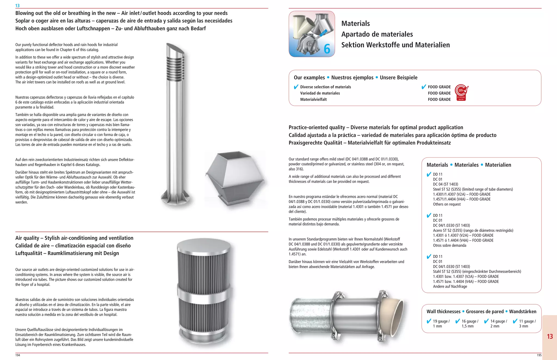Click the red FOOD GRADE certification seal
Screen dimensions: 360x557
[461, 93]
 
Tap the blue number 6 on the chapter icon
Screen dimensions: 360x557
[327, 49]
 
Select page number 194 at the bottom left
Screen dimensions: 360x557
[18, 355]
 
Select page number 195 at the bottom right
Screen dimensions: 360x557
[539, 355]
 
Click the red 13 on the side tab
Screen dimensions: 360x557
[550, 337]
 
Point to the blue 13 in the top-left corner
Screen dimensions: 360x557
[17, 5]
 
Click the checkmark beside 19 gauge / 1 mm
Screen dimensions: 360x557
[429, 321]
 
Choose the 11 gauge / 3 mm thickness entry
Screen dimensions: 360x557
[527, 324]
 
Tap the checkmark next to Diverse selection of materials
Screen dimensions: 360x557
[296, 87]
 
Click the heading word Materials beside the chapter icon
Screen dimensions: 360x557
[355, 24]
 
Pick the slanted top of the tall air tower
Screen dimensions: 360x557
[175, 50]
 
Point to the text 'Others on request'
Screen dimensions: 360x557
[447, 204]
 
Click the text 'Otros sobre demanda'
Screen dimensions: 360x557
[449, 245]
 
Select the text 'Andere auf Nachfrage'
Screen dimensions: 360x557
[450, 287]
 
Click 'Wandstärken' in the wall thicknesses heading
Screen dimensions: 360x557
[522, 312]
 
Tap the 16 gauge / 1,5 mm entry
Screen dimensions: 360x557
[470, 324]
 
